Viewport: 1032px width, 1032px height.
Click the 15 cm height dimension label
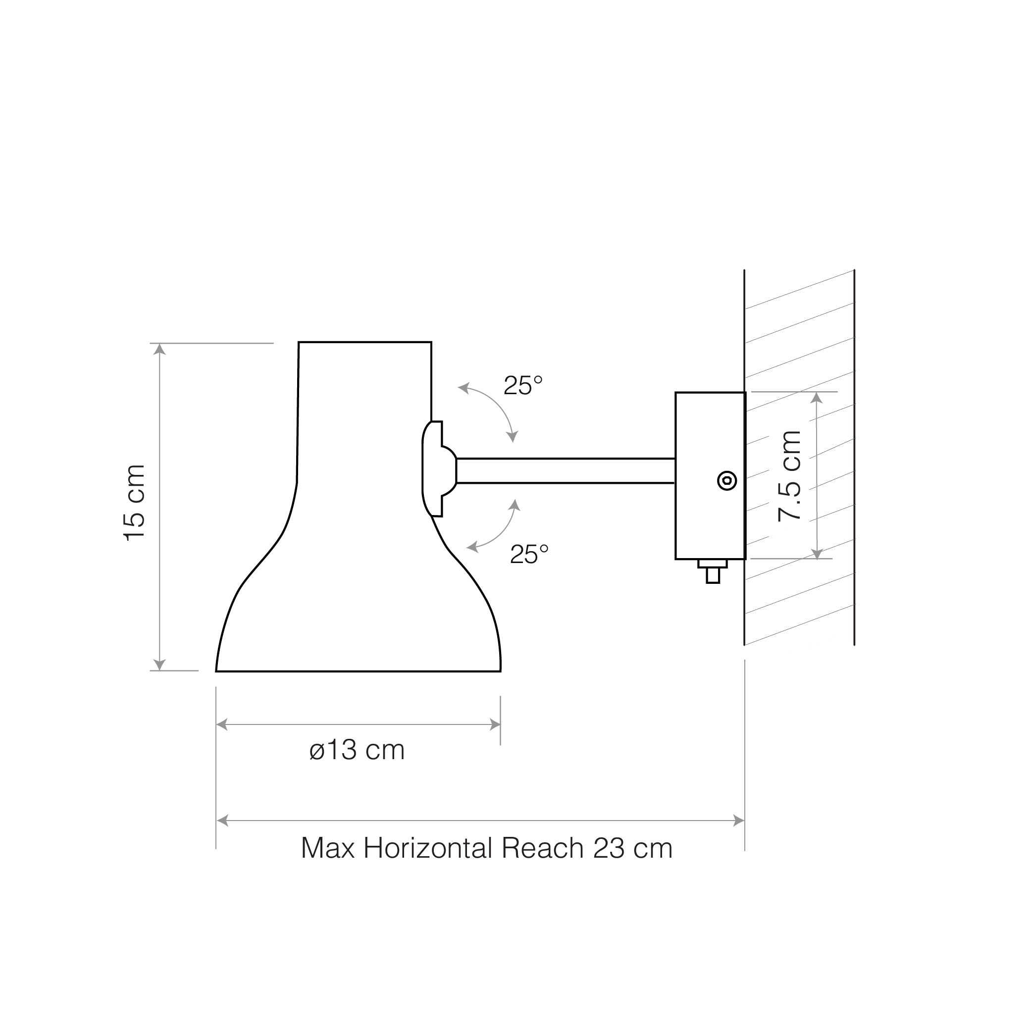coord(135,503)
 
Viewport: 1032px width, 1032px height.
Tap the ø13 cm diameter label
coord(357,750)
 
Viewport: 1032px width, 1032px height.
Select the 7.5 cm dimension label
coord(789,476)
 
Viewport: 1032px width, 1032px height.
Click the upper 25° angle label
coord(523,385)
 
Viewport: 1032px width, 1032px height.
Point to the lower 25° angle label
coord(529,555)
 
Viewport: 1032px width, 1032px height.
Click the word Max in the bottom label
coord(328,848)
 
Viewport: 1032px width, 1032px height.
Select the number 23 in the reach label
coord(609,848)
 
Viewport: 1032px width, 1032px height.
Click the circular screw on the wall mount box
coord(726,481)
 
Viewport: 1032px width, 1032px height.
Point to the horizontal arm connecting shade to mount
coord(566,470)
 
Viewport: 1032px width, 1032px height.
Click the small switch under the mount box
coord(713,571)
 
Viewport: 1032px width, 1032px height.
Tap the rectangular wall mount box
coord(711,476)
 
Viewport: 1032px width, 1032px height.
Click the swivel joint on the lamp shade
coord(439,469)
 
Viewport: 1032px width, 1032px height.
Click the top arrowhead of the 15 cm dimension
coord(159,349)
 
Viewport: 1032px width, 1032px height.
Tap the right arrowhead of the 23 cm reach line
coord(739,821)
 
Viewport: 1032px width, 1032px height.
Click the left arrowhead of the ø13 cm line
coord(222,725)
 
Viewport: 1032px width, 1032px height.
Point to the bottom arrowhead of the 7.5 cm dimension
coord(817,554)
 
